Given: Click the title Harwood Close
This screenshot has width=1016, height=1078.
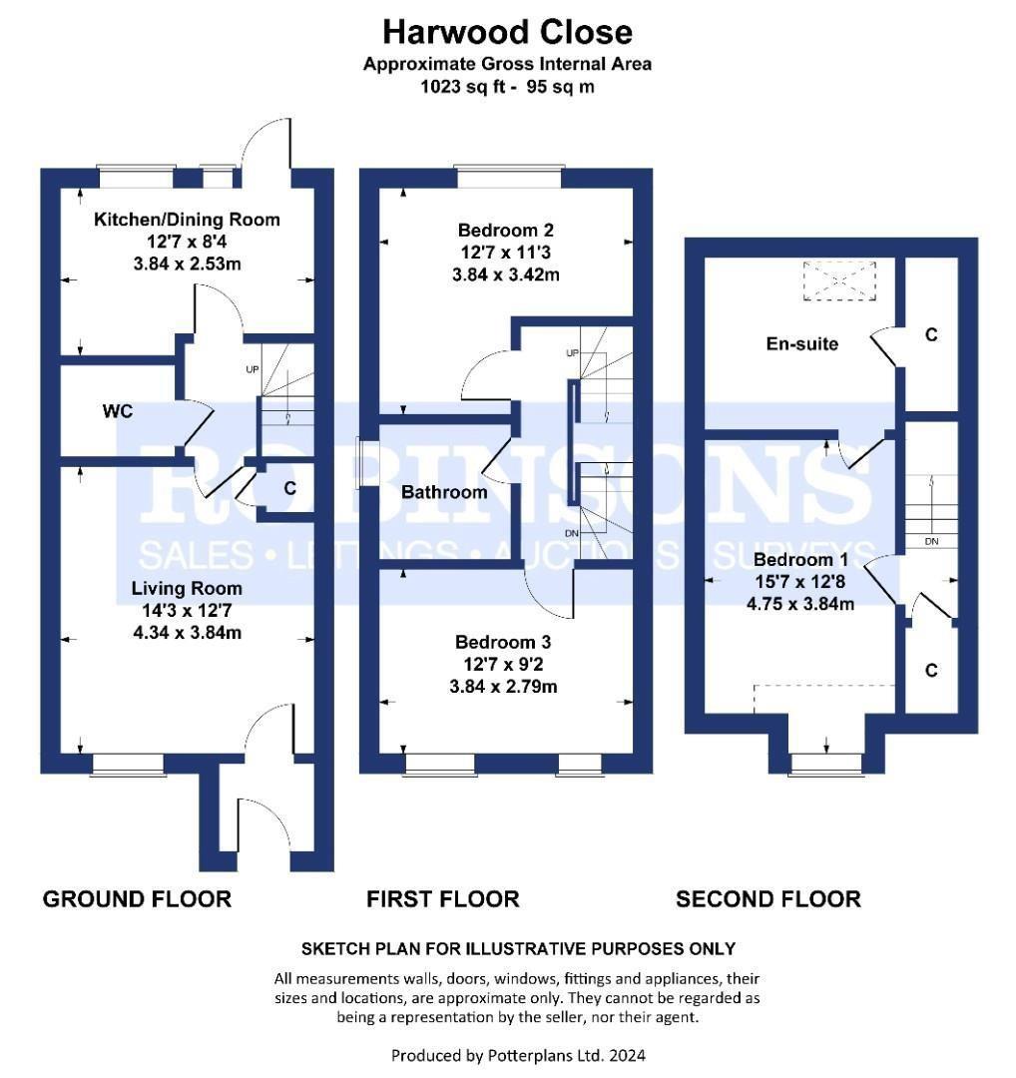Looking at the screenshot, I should tap(507, 32).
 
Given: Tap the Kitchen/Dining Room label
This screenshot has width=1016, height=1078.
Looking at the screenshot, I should tap(187, 220).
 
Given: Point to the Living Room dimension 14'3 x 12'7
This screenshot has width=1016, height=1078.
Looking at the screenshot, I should tap(187, 611).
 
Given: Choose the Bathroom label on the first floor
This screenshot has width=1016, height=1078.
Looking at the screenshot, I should tap(444, 492).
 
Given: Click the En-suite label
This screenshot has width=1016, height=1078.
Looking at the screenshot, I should tap(801, 344).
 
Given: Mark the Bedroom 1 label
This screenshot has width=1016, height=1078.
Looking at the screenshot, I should tap(801, 559).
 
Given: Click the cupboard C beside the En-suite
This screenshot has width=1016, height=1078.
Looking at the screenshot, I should tap(930, 335).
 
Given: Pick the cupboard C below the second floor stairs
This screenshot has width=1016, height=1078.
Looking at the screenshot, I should tap(930, 671).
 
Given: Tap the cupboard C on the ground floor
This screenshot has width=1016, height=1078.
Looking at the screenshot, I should tap(289, 489).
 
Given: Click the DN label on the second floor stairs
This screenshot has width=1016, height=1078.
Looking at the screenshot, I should tap(931, 542).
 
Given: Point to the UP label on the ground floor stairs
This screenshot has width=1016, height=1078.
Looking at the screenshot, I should tap(253, 369).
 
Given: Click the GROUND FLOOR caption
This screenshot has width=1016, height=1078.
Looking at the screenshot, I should tap(137, 899).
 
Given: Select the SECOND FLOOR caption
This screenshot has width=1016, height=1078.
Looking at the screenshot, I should tap(767, 899).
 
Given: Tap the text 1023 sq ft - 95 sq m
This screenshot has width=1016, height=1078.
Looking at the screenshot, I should tap(507, 87).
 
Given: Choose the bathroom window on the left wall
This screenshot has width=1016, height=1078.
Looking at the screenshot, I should tap(359, 463).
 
